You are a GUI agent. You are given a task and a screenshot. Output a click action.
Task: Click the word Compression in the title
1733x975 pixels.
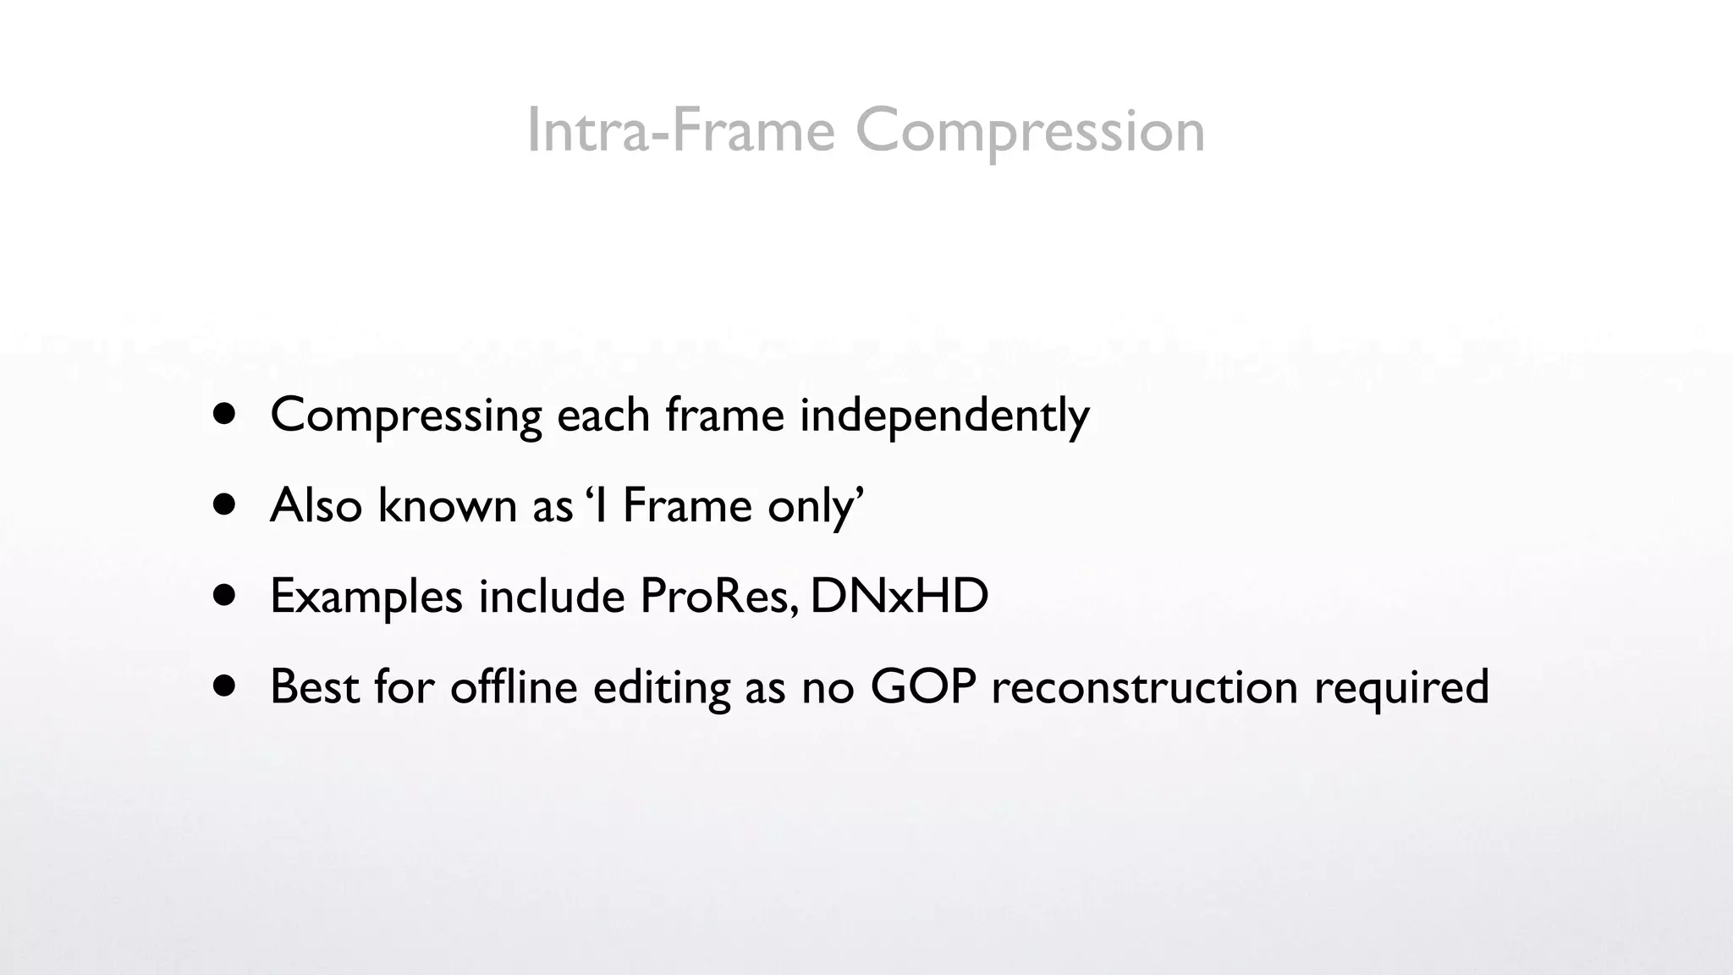pyautogui.click(x=1030, y=131)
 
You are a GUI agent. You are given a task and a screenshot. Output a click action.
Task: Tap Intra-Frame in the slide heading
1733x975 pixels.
pyautogui.click(x=680, y=131)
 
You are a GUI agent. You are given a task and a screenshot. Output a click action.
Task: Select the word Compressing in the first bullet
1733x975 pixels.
pyautogui.click(x=406, y=416)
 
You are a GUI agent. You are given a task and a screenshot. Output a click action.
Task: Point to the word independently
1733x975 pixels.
pyautogui.click(x=944, y=416)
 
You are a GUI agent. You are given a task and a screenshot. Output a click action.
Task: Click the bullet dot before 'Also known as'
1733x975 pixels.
pyautogui.click(x=224, y=505)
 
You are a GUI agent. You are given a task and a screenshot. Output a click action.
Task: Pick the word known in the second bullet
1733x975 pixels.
pyautogui.click(x=447, y=506)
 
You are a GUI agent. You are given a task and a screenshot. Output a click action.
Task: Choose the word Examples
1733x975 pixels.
pyautogui.click(x=366, y=597)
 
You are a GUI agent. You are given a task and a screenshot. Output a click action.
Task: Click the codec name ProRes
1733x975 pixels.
pyautogui.click(x=718, y=596)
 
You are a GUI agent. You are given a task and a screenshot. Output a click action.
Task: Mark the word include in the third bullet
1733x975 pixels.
pyautogui.click(x=551, y=596)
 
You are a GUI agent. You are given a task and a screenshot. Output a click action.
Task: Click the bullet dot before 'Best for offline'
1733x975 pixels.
pyautogui.click(x=224, y=686)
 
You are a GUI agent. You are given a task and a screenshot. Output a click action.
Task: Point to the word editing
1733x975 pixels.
pyautogui.click(x=661, y=686)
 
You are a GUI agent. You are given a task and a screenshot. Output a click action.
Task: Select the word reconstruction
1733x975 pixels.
pyautogui.click(x=1144, y=686)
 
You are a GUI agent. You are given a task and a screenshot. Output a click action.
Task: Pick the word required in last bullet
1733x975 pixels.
pyautogui.click(x=1401, y=686)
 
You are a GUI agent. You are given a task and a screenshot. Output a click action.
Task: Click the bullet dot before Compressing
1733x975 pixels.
pyautogui.click(x=224, y=415)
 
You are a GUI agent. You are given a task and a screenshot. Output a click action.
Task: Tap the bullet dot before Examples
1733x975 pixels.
pyautogui.click(x=224, y=596)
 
